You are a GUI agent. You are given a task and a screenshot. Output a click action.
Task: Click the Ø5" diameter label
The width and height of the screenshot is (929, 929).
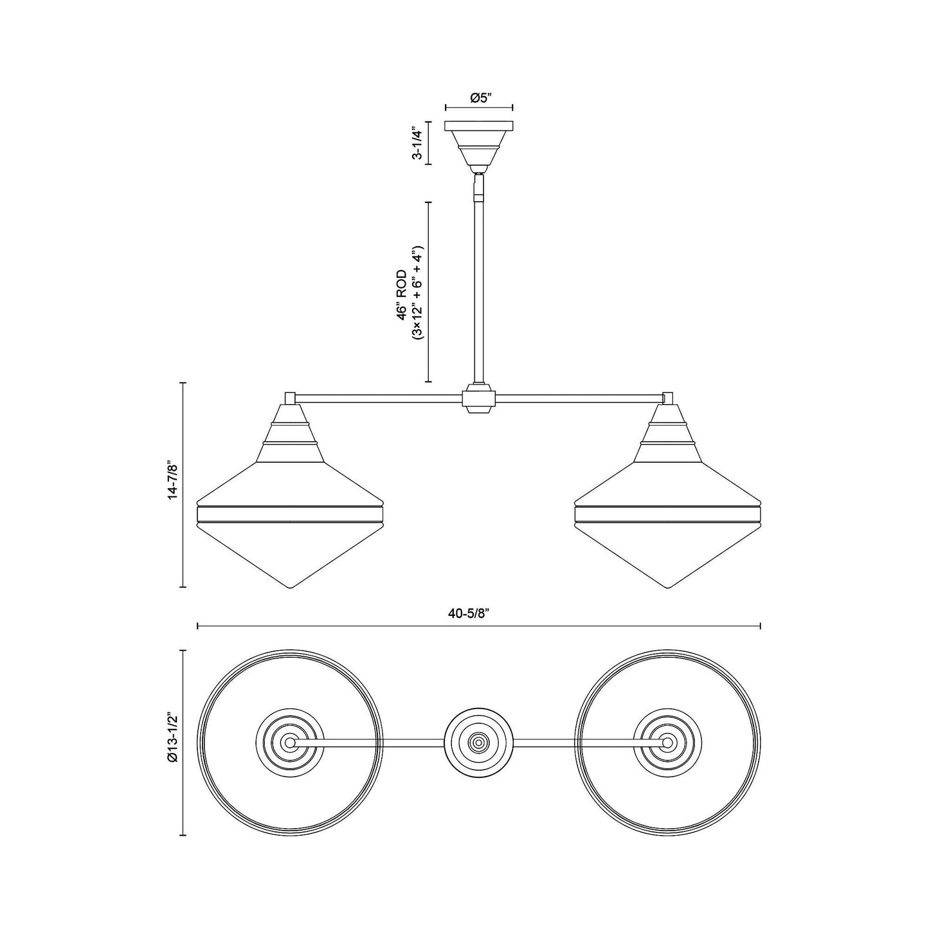[479, 98]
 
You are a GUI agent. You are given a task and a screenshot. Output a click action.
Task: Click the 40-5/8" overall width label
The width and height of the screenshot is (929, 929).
[478, 614]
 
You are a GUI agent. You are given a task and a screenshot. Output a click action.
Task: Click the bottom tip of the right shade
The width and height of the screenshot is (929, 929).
[668, 586]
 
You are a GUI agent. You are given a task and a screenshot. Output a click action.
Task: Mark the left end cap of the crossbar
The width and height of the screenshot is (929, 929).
[290, 397]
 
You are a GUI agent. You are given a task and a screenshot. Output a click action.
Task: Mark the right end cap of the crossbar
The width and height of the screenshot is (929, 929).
[668, 397]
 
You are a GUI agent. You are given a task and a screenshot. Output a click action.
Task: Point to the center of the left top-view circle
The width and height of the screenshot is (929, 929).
[290, 742]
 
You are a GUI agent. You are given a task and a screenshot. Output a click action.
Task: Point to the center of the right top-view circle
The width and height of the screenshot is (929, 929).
[668, 742]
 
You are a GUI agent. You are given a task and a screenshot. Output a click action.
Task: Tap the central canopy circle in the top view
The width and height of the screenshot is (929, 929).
[479, 742]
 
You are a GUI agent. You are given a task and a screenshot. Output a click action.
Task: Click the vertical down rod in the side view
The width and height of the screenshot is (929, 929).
[479, 289]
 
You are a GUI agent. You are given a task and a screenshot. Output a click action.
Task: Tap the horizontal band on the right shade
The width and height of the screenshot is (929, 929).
[668, 513]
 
